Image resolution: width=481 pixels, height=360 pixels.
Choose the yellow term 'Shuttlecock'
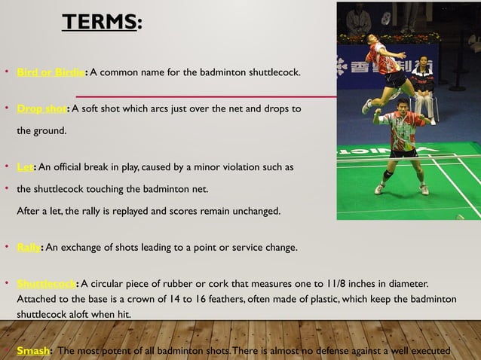pyautogui.click(x=46, y=284)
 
